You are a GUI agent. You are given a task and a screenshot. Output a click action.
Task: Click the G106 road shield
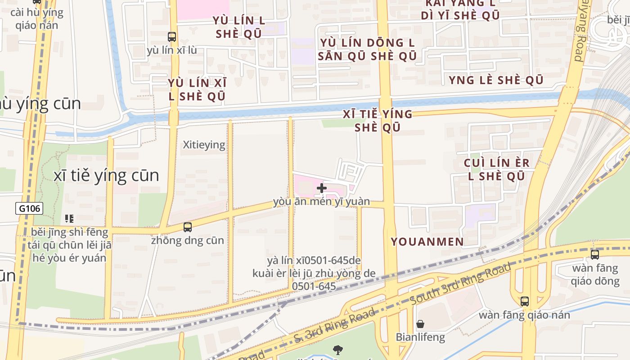pos(30,208)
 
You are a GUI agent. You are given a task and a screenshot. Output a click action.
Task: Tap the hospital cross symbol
pos(322,188)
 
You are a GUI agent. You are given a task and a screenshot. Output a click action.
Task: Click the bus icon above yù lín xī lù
pos(171,37)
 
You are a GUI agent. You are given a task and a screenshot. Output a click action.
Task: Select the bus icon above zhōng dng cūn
pos(188,227)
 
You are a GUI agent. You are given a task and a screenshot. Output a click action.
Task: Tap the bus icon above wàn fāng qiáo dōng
pos(595,255)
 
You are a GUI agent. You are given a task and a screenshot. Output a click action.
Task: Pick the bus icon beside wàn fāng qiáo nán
pos(524,301)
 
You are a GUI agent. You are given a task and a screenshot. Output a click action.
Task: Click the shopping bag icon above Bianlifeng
pos(420,324)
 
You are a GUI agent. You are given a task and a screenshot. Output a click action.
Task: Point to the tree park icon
pos(337,350)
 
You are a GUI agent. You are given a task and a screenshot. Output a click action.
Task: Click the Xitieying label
pos(204,145)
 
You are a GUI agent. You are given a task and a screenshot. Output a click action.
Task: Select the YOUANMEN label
pos(427,242)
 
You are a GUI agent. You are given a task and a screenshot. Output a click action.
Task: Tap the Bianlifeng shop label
pos(420,337)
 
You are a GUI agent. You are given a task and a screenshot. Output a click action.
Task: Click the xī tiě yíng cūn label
pos(106,175)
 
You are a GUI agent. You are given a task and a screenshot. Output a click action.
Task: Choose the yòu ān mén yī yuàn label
pos(321,202)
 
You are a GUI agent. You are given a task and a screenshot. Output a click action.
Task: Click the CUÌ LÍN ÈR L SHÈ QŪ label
pos(497,169)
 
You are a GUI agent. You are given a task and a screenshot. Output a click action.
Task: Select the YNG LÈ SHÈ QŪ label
pos(496,80)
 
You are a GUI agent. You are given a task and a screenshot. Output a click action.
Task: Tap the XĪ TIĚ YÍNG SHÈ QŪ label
pos(378,121)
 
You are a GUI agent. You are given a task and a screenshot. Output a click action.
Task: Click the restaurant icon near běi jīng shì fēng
pos(69,219)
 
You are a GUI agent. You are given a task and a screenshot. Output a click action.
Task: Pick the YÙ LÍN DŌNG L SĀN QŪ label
pos(368,49)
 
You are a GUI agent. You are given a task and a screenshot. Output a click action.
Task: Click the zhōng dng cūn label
pos(187,240)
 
